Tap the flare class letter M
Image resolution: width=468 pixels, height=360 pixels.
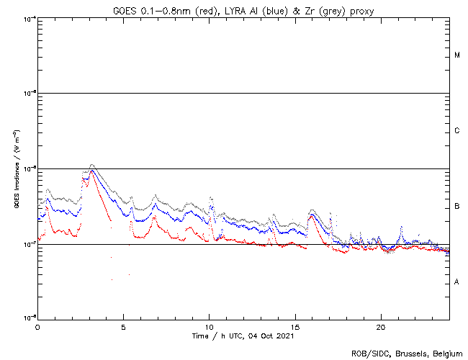coord(457,55)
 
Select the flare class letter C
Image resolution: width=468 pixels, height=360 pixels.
coord(457,131)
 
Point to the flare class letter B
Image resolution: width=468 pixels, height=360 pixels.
coord(457,207)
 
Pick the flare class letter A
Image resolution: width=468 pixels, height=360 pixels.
coord(457,282)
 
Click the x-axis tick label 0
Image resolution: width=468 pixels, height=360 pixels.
coord(37,326)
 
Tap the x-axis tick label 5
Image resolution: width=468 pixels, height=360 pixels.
coord(123,326)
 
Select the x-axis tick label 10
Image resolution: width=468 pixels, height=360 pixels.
coord(209,326)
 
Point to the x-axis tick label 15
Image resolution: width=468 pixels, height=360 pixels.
coord(295,326)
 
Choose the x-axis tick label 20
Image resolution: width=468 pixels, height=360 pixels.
coord(381,326)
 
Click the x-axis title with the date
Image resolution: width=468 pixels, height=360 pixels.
coord(243,336)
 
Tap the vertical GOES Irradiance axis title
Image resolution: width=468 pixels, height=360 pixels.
coord(16,168)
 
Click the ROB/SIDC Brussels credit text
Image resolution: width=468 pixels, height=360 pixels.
coord(406,354)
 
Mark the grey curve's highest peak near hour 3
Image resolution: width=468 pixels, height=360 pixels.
coord(91,165)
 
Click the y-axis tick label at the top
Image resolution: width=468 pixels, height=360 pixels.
coord(29,18)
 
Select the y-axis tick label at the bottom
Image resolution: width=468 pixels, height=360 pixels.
coord(29,318)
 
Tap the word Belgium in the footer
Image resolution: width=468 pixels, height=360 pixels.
coord(446,354)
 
